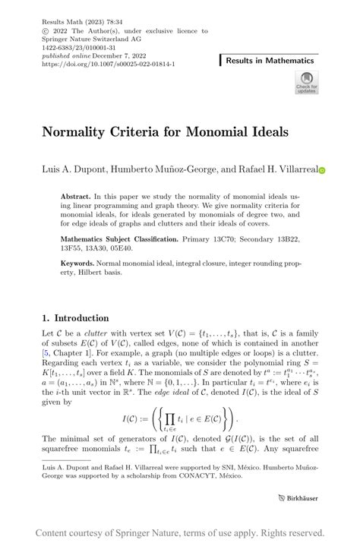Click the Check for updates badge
click(306, 82)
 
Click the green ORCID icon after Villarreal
click(321, 172)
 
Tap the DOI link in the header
click(109, 65)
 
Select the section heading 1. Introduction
click(75, 318)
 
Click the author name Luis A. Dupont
click(74, 171)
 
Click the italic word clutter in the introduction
click(95, 333)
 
